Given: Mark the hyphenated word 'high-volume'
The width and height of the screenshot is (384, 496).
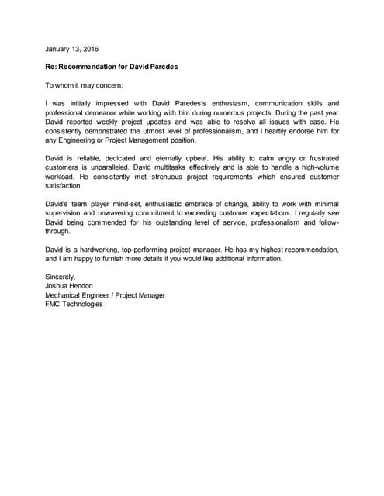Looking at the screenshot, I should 317,167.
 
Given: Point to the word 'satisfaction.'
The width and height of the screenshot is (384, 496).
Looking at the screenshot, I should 64,186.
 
